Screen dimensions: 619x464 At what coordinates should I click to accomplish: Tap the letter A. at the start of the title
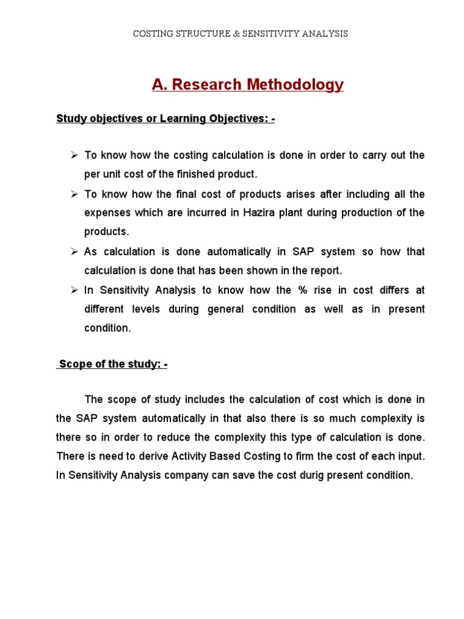[159, 85]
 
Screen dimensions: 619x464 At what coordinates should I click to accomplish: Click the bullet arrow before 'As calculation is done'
[74, 251]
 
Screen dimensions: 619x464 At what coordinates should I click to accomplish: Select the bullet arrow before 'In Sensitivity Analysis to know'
[74, 290]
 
